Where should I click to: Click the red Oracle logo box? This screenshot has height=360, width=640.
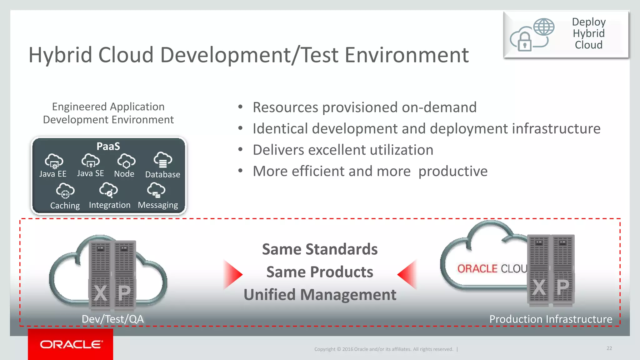pyautogui.click(x=70, y=344)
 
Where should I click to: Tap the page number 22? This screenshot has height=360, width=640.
pyautogui.click(x=609, y=348)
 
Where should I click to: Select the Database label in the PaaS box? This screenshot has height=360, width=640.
pyautogui.click(x=162, y=174)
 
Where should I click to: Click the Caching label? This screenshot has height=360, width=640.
pyautogui.click(x=65, y=206)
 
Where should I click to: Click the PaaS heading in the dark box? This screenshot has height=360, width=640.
pyautogui.click(x=108, y=146)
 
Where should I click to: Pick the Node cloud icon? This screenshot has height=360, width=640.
pyautogui.click(x=126, y=161)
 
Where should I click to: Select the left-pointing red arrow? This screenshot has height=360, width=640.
pyautogui.click(x=408, y=274)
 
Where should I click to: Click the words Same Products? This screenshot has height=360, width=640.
pyautogui.click(x=320, y=272)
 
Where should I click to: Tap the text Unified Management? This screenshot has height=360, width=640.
pyautogui.click(x=320, y=295)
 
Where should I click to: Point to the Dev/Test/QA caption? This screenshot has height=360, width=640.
pyautogui.click(x=112, y=319)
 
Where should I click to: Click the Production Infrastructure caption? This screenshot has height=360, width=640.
pyautogui.click(x=551, y=319)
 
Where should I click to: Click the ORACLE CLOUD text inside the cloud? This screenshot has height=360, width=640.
pyautogui.click(x=492, y=268)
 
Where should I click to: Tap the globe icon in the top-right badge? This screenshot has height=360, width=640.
pyautogui.click(x=544, y=27)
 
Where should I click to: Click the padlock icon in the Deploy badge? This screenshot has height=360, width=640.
pyautogui.click(x=525, y=42)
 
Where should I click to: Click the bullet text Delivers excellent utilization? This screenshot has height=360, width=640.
pyautogui.click(x=343, y=150)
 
